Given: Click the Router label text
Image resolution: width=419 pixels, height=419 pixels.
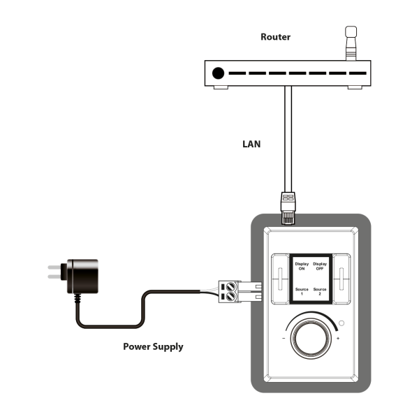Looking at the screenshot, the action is (276, 37).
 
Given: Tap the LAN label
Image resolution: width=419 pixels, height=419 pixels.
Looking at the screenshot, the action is (251, 144).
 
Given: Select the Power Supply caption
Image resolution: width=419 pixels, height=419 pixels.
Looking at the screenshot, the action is (153, 346).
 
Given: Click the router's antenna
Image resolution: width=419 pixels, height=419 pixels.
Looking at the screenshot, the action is (351, 43).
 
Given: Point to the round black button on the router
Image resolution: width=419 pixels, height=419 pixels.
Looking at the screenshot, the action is (218, 73).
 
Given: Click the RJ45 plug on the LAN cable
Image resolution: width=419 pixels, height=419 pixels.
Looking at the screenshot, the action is (288, 208).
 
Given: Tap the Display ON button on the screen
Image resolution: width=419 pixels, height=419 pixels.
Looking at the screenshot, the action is (302, 266).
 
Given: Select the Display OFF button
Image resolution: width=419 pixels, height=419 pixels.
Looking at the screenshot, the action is (320, 266).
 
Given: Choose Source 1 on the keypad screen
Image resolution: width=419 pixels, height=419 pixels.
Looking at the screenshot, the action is (302, 291).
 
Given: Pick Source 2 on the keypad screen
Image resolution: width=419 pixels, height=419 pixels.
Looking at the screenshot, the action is (320, 291).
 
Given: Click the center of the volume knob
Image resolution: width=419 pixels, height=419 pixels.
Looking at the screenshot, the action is (311, 339).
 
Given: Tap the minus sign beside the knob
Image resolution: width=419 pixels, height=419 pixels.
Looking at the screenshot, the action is (284, 339).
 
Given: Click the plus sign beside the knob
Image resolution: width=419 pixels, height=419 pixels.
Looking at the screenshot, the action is (338, 339).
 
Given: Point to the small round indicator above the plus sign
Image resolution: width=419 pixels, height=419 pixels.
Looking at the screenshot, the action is (341, 323).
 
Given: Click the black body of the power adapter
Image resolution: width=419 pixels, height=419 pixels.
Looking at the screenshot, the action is (82, 276).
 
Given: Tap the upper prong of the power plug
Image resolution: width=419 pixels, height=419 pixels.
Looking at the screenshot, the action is (54, 267).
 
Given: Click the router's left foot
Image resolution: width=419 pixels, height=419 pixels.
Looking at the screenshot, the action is (221, 87).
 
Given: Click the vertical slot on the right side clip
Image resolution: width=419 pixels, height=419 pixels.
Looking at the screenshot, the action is (341, 279).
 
